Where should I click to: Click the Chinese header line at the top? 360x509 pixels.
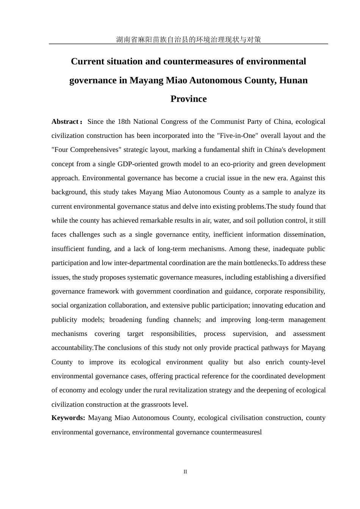coord(188,39)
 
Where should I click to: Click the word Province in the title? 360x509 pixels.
coord(188,99)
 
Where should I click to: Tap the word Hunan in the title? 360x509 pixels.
coord(293,80)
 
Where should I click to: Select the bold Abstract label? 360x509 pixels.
coord(65,122)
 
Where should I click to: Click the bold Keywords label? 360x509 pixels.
coord(68,418)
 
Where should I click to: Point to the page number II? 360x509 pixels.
coord(185,472)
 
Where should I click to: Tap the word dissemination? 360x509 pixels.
coord(305,234)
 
